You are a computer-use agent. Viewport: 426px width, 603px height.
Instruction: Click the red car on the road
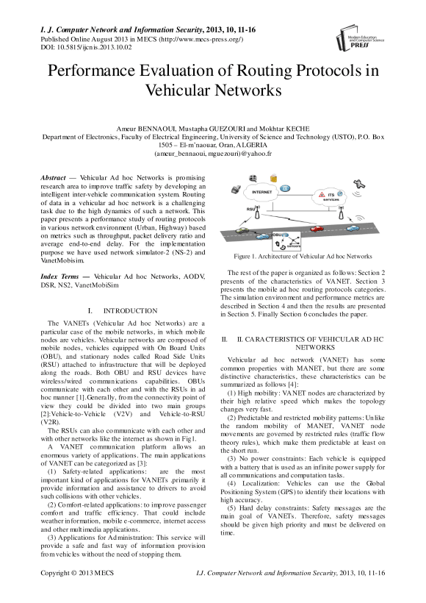(x=316, y=229)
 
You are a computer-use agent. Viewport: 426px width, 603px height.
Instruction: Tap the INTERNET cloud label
(x=261, y=192)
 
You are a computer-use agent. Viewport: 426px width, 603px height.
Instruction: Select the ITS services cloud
(x=328, y=197)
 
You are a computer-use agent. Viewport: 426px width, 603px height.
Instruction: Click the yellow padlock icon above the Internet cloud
(x=273, y=179)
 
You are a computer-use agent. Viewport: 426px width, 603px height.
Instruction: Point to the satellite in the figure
(x=360, y=183)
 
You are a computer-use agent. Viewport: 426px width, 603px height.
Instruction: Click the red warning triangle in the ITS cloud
(x=322, y=195)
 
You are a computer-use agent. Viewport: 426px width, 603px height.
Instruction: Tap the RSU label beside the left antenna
(x=251, y=208)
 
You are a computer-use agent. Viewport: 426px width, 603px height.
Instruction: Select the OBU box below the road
(x=286, y=241)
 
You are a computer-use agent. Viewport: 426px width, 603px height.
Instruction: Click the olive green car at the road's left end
(x=241, y=230)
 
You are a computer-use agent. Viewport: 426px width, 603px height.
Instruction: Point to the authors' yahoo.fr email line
(x=213, y=154)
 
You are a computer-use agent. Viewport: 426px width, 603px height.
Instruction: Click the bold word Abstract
(x=53, y=178)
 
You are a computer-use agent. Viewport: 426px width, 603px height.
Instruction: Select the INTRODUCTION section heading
(x=130, y=311)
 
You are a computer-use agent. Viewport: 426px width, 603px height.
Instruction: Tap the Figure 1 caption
(x=303, y=256)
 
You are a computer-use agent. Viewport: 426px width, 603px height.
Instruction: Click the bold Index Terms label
(x=59, y=276)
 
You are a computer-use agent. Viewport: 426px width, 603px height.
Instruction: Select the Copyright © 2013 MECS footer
(x=77, y=573)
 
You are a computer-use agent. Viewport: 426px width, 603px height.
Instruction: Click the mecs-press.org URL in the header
(x=201, y=39)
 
